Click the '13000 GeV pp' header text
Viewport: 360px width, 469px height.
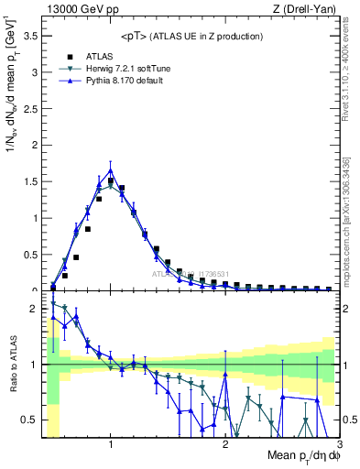click(76, 9)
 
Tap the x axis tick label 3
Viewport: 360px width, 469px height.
click(340, 444)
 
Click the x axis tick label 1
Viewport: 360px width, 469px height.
click(111, 444)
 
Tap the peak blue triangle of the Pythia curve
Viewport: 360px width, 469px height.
click(111, 170)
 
